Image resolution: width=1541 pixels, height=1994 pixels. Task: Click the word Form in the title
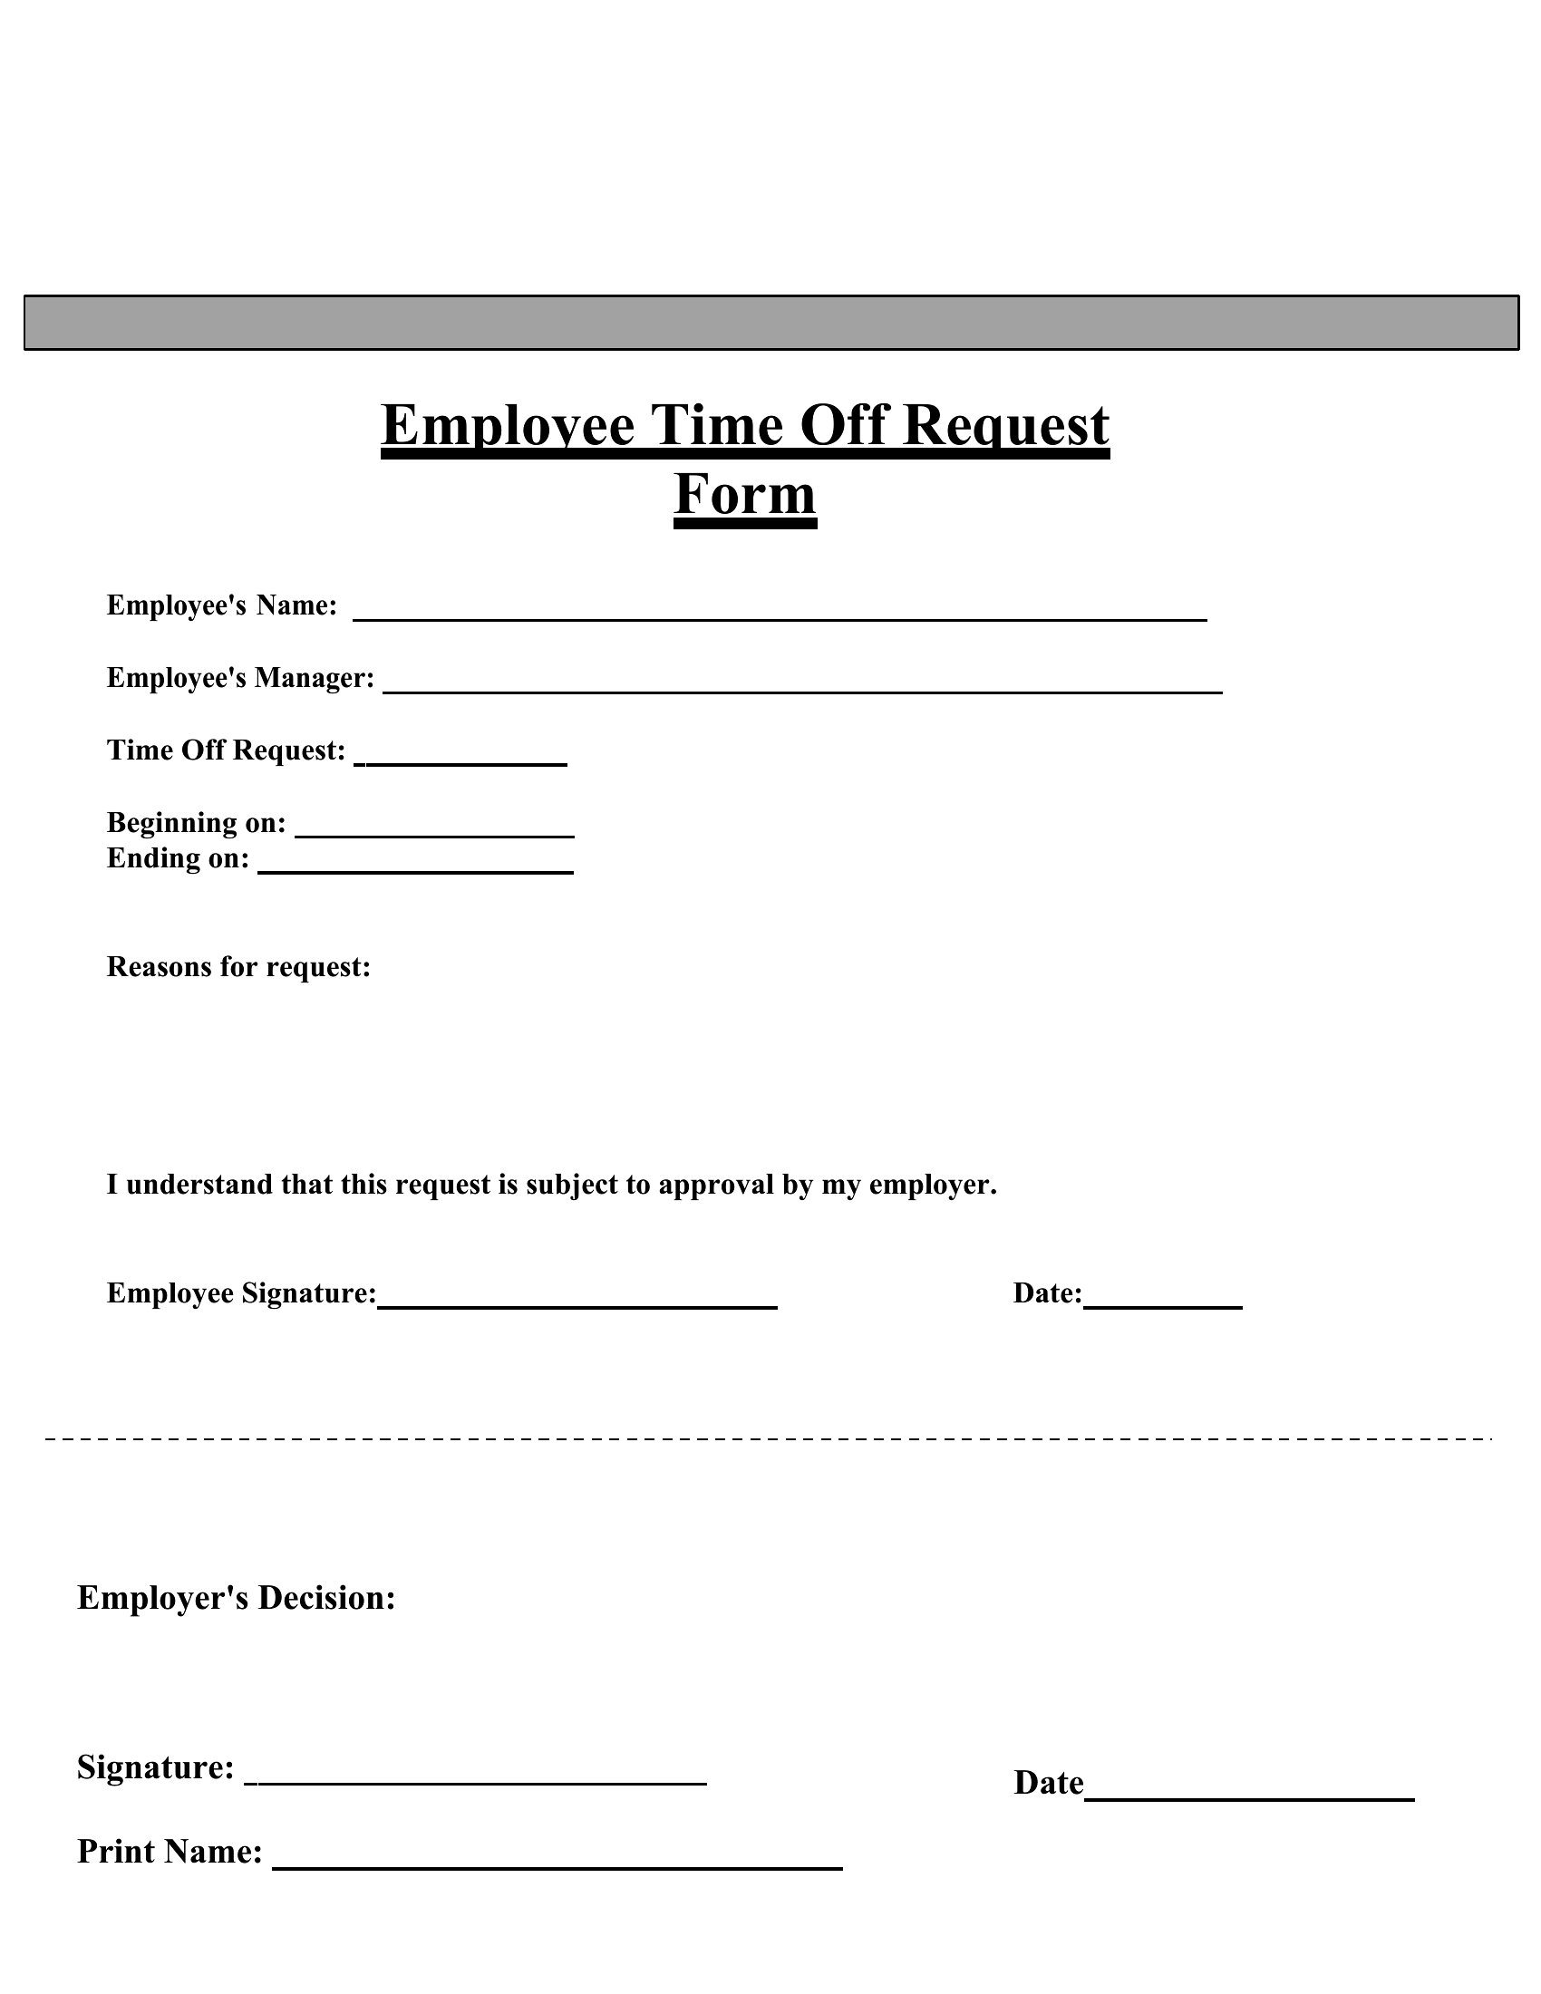point(745,495)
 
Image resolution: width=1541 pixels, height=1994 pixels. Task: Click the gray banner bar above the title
point(770,323)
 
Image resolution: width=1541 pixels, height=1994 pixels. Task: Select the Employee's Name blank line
point(780,617)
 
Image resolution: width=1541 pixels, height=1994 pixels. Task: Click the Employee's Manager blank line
point(801,691)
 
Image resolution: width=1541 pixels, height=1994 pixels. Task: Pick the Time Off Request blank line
point(461,762)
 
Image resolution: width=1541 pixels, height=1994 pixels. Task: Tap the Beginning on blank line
point(434,834)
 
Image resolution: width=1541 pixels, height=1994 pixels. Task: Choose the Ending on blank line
point(415,870)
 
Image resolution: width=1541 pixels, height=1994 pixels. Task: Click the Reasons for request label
point(238,966)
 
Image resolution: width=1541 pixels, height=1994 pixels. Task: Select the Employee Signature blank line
point(577,1305)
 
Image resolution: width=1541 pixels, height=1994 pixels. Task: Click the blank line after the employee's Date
point(1162,1305)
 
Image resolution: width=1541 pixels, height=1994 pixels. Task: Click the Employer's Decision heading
point(236,1598)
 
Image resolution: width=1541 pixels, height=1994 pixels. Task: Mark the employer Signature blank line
point(476,1781)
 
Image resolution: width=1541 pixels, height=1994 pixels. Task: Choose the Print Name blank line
point(557,1866)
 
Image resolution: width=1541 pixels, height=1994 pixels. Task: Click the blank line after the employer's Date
point(1249,1796)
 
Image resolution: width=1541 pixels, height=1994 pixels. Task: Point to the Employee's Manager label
point(240,677)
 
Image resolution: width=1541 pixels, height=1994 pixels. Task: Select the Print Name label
point(170,1852)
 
